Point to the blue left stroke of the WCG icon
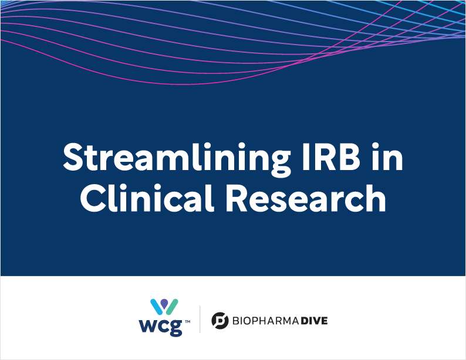[x=156, y=306]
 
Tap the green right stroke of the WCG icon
[x=173, y=306]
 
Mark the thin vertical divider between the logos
[x=200, y=319]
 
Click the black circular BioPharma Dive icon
[x=220, y=320]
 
